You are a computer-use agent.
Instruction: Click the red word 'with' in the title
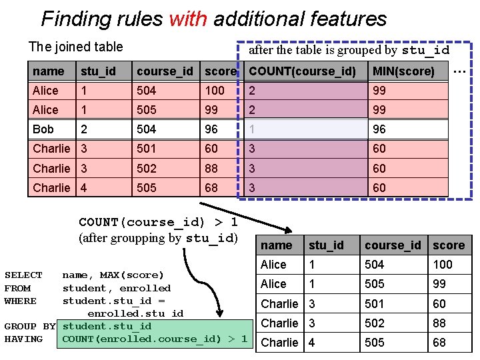coord(188,19)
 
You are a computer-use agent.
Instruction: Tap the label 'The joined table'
coord(75,47)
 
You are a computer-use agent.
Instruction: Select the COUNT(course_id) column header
coord(302,71)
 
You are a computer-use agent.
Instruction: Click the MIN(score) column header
coord(403,71)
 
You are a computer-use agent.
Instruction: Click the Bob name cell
coord(43,129)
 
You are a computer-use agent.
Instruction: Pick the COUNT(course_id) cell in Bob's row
coord(302,129)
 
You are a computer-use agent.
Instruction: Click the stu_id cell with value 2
coord(85,129)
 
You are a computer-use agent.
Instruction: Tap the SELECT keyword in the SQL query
coord(23,275)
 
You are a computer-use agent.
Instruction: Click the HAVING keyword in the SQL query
coord(23,339)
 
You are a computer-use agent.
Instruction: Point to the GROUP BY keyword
coord(29,327)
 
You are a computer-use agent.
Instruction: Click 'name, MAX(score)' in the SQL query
coord(113,275)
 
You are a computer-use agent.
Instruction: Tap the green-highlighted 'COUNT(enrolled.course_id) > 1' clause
coord(155,339)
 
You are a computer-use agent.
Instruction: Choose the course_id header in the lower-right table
coord(393,245)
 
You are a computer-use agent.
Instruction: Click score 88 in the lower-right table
coord(439,323)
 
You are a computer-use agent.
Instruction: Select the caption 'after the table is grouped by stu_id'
coord(349,50)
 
